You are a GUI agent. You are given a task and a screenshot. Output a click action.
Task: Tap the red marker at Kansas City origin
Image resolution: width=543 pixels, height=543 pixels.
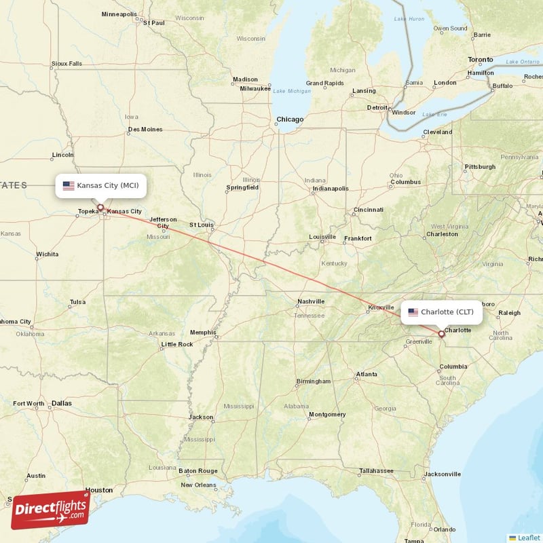(100, 208)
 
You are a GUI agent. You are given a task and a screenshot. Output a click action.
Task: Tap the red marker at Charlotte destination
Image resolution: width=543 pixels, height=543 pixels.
(441, 333)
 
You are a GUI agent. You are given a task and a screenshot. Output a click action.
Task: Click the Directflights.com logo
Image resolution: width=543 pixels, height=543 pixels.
(50, 510)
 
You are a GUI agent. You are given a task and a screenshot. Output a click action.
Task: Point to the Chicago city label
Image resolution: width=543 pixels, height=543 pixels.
(289, 119)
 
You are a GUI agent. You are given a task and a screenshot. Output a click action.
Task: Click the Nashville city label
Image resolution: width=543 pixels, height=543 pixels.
(311, 301)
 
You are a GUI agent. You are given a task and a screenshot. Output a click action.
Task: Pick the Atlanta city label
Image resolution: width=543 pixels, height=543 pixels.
(367, 374)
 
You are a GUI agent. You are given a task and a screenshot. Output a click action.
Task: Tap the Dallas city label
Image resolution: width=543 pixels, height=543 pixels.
(61, 403)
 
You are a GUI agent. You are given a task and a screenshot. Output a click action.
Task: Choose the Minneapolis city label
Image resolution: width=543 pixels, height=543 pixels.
(119, 14)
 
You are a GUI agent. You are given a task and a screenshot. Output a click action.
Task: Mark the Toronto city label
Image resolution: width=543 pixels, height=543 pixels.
(481, 60)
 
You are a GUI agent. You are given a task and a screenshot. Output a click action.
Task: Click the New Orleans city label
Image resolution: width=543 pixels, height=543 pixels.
(197, 485)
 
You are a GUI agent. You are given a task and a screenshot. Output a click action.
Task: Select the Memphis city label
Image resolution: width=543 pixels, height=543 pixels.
(202, 333)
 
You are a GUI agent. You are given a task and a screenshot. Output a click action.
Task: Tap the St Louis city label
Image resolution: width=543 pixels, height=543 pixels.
(202, 224)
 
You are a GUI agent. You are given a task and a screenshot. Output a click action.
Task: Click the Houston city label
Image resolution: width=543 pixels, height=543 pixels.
(98, 489)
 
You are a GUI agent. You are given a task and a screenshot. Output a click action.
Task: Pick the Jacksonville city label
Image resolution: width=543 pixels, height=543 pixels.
(442, 474)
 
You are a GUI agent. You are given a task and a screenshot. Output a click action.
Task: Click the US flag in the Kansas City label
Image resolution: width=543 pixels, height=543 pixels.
(69, 185)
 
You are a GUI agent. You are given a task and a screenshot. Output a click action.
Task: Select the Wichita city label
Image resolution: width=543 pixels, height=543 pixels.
(48, 255)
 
